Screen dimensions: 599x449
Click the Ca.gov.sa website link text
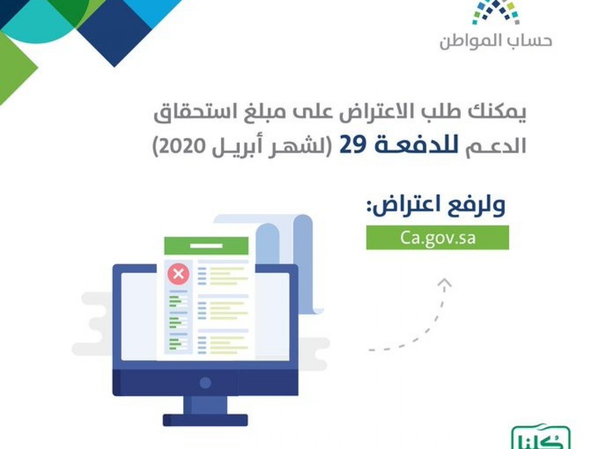(x=437, y=238)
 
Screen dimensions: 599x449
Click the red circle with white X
(x=179, y=273)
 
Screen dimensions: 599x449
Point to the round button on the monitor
(x=205, y=383)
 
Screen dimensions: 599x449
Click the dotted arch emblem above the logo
(x=496, y=12)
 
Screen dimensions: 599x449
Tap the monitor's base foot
(x=205, y=420)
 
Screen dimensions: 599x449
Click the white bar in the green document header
(x=206, y=246)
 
